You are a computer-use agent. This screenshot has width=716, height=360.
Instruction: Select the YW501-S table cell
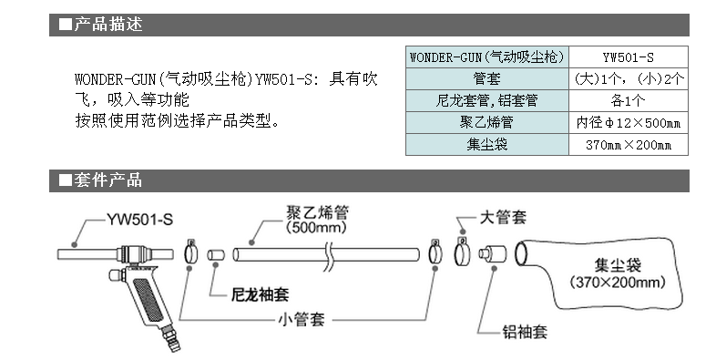(x=629, y=56)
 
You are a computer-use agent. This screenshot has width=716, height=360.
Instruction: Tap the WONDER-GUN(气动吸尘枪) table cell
(x=487, y=56)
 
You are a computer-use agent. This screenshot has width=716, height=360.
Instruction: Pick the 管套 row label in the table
(x=487, y=78)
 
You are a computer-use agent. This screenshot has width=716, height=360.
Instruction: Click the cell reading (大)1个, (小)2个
(x=629, y=78)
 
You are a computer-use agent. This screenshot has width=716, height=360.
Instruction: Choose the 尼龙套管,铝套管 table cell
(x=487, y=100)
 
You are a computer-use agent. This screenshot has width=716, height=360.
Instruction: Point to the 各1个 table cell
(x=629, y=100)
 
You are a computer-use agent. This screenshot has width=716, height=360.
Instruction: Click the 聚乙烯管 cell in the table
(x=487, y=122)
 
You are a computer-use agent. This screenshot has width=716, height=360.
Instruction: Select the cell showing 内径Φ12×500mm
(x=629, y=122)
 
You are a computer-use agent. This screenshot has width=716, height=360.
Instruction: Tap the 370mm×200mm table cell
(x=629, y=144)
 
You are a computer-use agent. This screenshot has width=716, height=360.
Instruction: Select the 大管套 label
(x=503, y=218)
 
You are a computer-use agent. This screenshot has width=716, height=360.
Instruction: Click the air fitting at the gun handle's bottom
(x=169, y=344)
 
